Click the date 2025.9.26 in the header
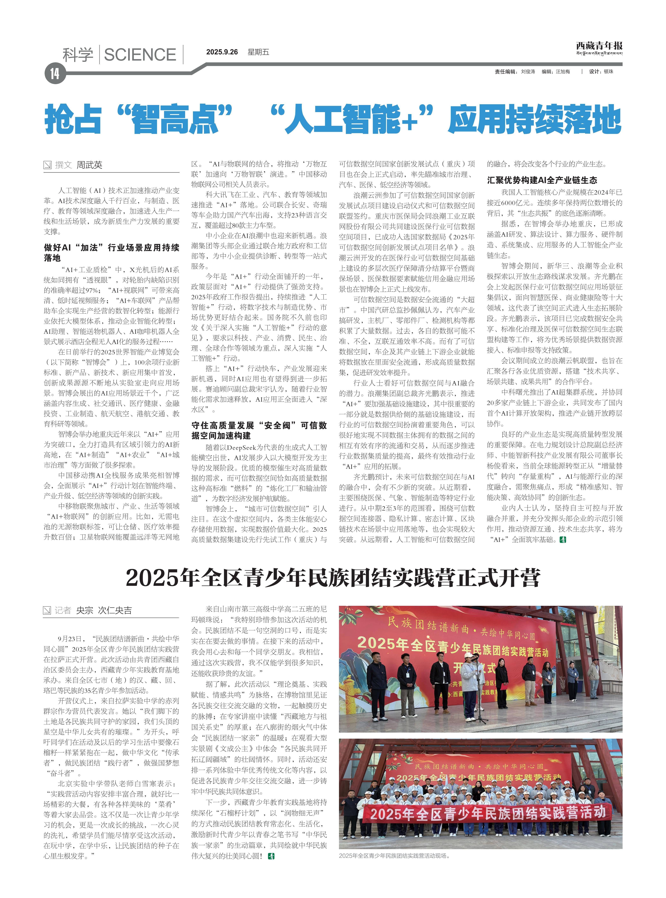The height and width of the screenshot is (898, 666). tap(222, 52)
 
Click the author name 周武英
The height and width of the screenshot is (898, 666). tap(90, 165)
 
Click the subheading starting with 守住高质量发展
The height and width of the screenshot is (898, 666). tap(259, 430)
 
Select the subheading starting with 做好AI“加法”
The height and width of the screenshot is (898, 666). tap(111, 252)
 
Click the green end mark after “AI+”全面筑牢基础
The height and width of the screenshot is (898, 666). tap(563, 540)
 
